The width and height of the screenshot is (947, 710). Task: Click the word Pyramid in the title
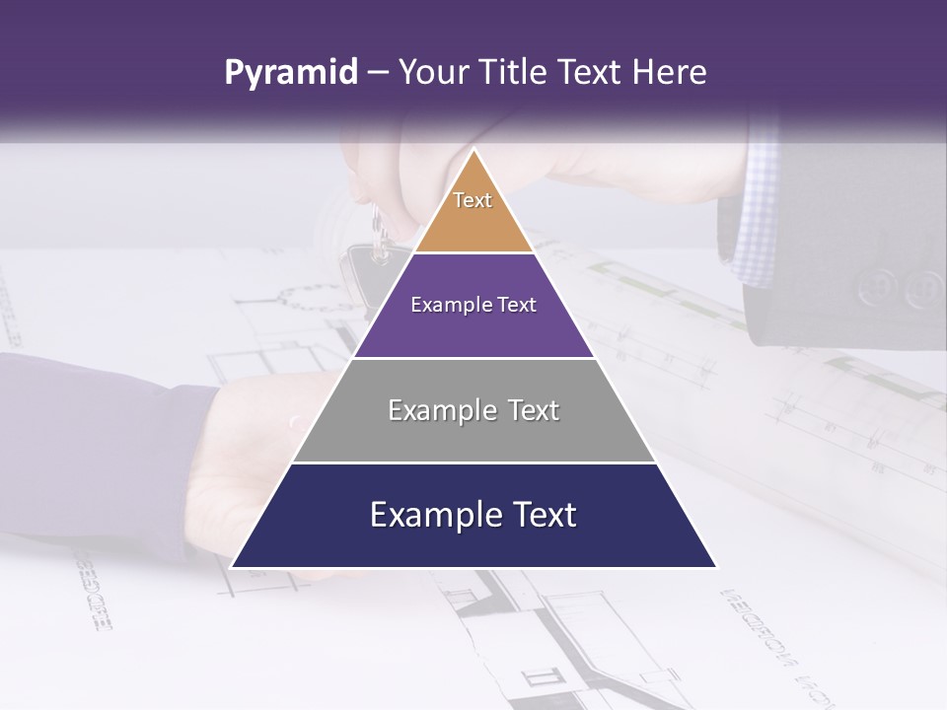pyautogui.click(x=290, y=73)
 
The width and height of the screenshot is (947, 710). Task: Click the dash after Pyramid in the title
pyautogui.click(x=377, y=73)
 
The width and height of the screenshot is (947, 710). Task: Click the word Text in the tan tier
pyautogui.click(x=473, y=200)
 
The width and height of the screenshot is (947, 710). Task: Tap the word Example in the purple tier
pyautogui.click(x=443, y=305)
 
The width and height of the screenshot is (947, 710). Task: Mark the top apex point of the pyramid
pyautogui.click(x=473, y=149)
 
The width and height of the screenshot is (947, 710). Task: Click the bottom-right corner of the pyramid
pyautogui.click(x=715, y=567)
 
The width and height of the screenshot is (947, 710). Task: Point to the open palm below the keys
pyautogui.click(x=247, y=473)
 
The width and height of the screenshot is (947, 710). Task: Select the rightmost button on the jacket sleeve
pyautogui.click(x=924, y=288)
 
